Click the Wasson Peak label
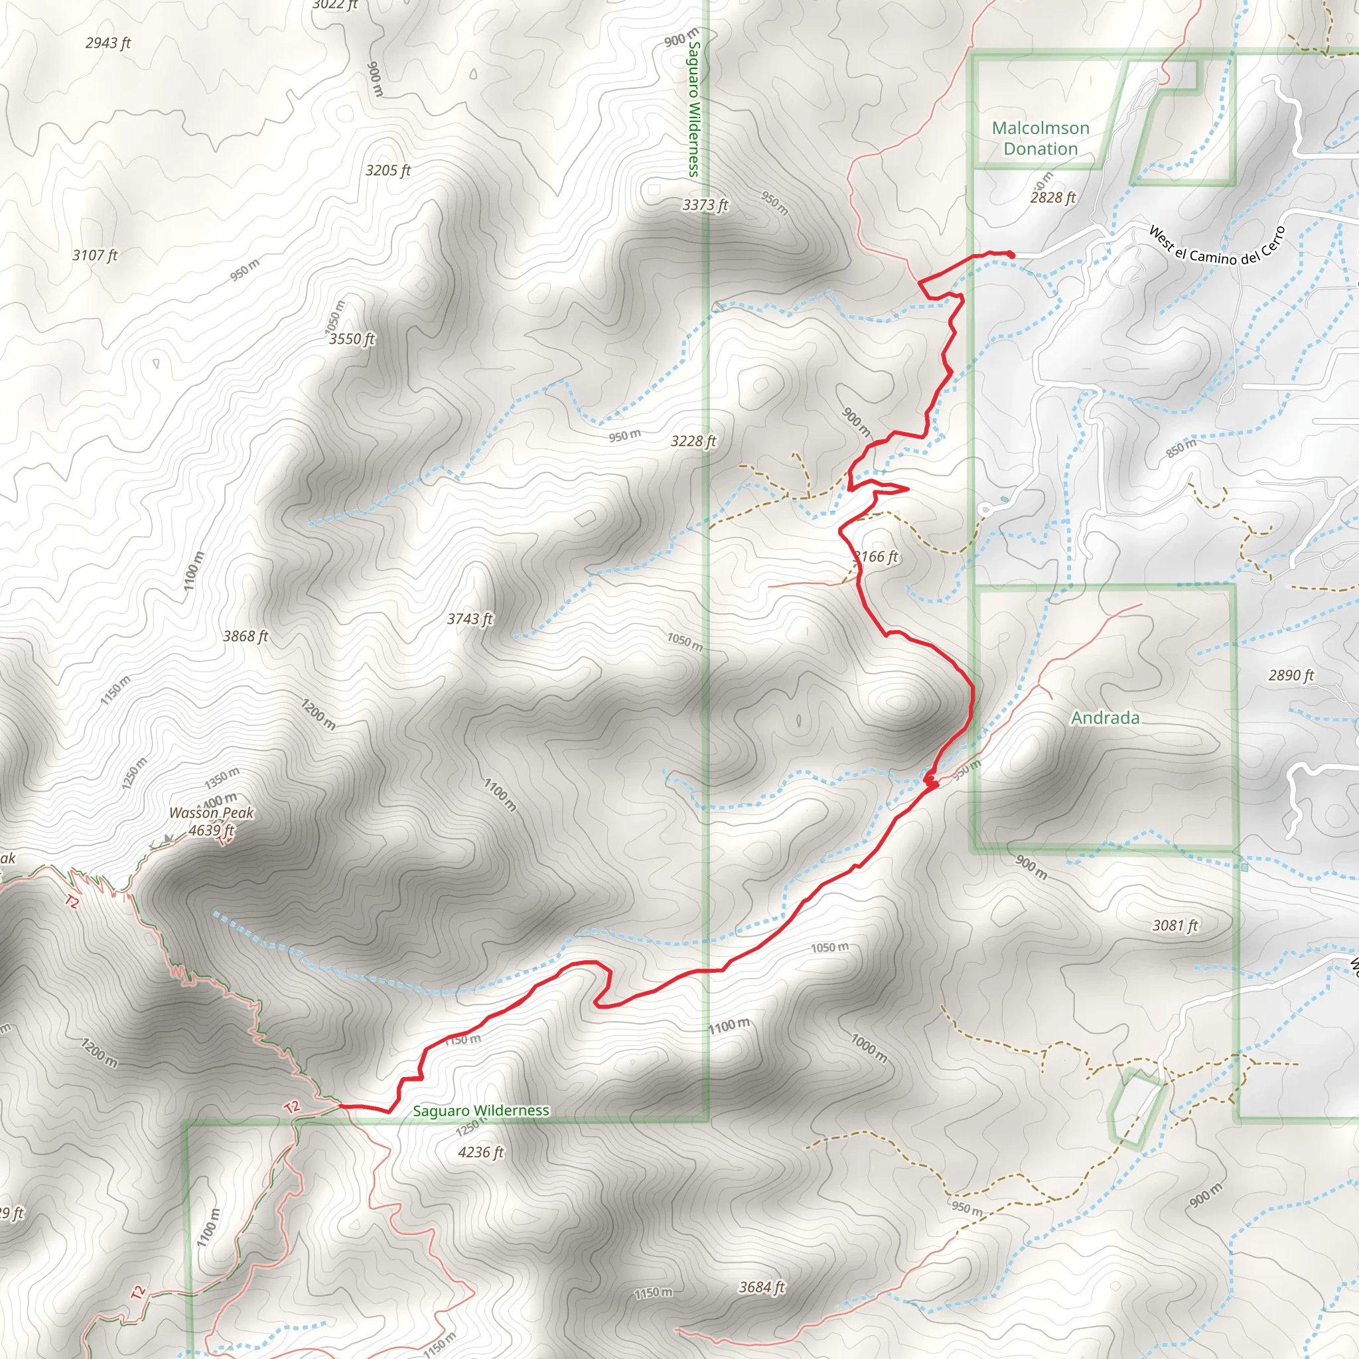[x=211, y=812]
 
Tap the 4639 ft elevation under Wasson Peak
[x=211, y=830]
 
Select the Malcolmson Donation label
[x=1040, y=138]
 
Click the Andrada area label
[x=1105, y=717]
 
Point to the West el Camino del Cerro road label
[x=1217, y=246]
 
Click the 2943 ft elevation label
[x=108, y=43]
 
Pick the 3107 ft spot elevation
[x=95, y=255]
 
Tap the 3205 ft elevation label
[x=388, y=171]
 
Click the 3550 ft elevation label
[x=352, y=339]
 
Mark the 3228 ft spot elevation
[x=693, y=441]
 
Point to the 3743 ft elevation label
[x=470, y=619]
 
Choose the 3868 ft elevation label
[x=246, y=636]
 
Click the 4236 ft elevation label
[x=481, y=1152]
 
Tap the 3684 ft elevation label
[x=762, y=1287]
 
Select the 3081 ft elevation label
[x=1175, y=926]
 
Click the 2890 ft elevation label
[x=1291, y=676]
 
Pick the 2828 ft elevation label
[x=1053, y=198]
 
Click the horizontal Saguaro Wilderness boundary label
[x=481, y=1111]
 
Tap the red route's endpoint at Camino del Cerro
[x=1011, y=254]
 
